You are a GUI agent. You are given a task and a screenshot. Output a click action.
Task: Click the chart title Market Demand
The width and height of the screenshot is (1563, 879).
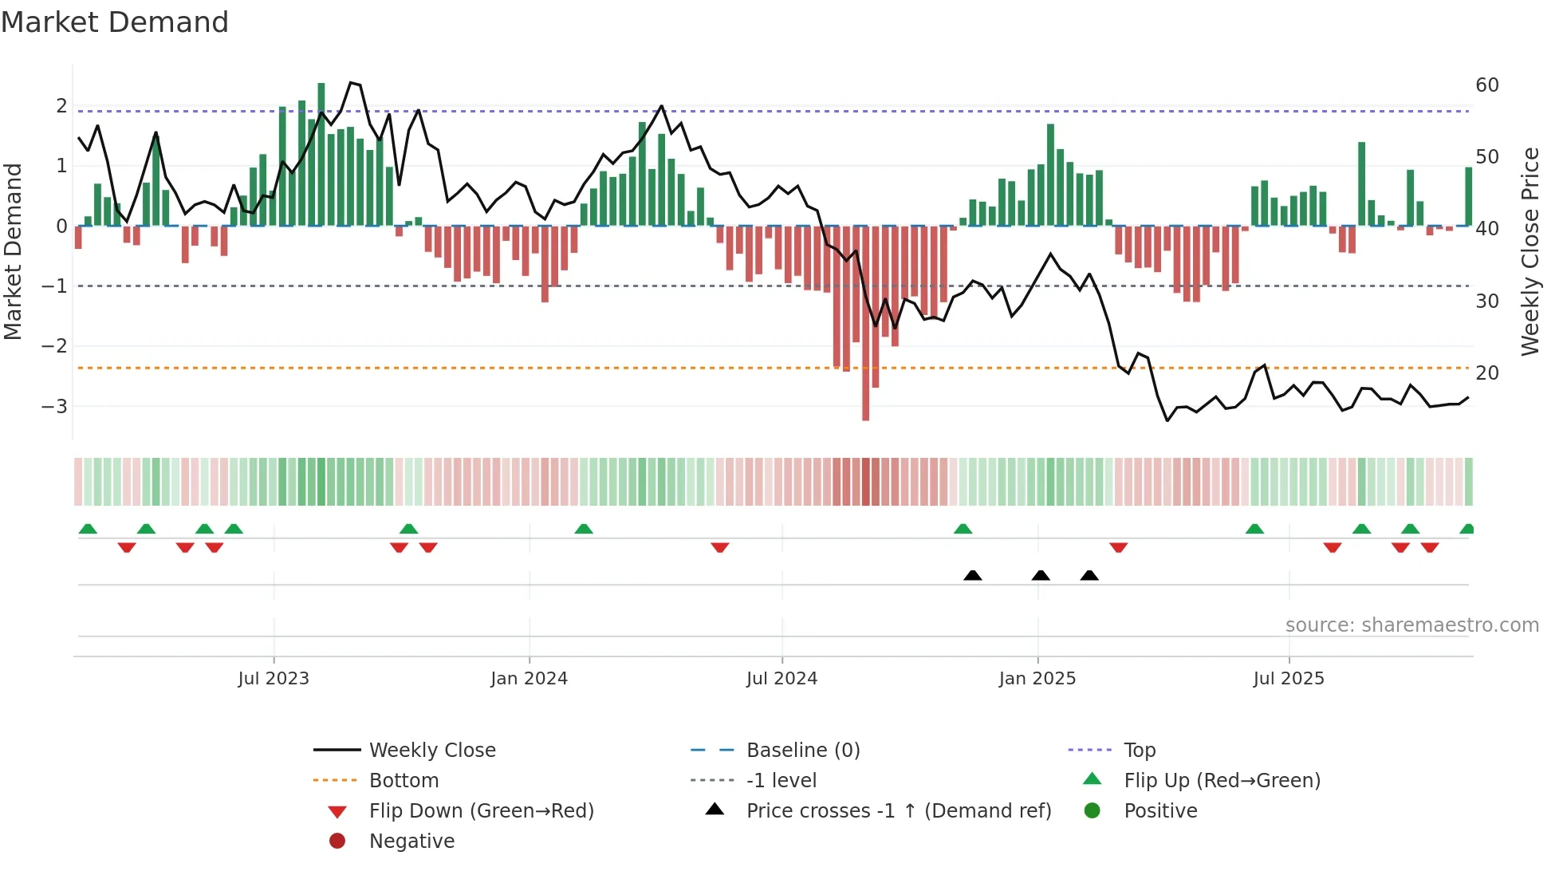click(x=115, y=22)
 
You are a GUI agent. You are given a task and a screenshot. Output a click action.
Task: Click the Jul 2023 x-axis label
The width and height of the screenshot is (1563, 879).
click(x=273, y=679)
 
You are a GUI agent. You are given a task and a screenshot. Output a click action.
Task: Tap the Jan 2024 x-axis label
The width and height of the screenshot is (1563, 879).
click(x=529, y=679)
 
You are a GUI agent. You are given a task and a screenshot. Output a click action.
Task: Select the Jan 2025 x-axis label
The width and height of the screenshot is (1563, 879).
click(x=1037, y=679)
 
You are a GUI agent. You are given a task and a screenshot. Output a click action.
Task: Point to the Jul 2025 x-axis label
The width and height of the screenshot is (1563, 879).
click(x=1288, y=679)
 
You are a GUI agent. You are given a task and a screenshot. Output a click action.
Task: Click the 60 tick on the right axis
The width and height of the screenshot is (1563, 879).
click(x=1487, y=85)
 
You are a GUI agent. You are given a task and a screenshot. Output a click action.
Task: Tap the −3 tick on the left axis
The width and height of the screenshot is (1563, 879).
click(x=55, y=407)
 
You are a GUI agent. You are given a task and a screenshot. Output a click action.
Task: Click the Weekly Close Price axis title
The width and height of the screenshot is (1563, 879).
click(x=1530, y=251)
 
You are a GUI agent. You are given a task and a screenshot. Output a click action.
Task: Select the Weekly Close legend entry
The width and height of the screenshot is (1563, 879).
click(x=431, y=751)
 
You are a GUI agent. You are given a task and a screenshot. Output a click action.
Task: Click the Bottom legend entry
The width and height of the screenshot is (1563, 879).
click(x=404, y=781)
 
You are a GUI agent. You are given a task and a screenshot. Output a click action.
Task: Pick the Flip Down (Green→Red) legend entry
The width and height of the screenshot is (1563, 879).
click(x=481, y=811)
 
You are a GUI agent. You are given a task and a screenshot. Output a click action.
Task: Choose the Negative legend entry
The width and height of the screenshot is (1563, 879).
click(x=411, y=842)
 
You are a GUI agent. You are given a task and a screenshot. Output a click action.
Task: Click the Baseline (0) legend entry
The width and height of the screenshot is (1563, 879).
click(x=802, y=751)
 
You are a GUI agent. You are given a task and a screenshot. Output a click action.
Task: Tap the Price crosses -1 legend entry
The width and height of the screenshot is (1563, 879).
click(x=898, y=811)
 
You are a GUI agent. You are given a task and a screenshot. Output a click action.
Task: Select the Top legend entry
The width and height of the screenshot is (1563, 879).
click(x=1139, y=751)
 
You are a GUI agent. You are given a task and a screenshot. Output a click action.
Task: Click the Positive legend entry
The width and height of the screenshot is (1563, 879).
click(x=1160, y=811)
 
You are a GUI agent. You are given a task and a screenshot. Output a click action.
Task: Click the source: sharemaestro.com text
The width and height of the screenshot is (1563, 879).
click(x=1411, y=625)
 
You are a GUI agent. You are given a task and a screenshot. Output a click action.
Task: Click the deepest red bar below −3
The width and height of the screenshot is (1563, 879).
click(x=865, y=399)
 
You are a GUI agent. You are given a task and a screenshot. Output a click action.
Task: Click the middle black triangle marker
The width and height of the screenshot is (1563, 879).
click(x=1041, y=575)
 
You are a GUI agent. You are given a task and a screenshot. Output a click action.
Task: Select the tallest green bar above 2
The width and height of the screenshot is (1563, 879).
click(x=321, y=152)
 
